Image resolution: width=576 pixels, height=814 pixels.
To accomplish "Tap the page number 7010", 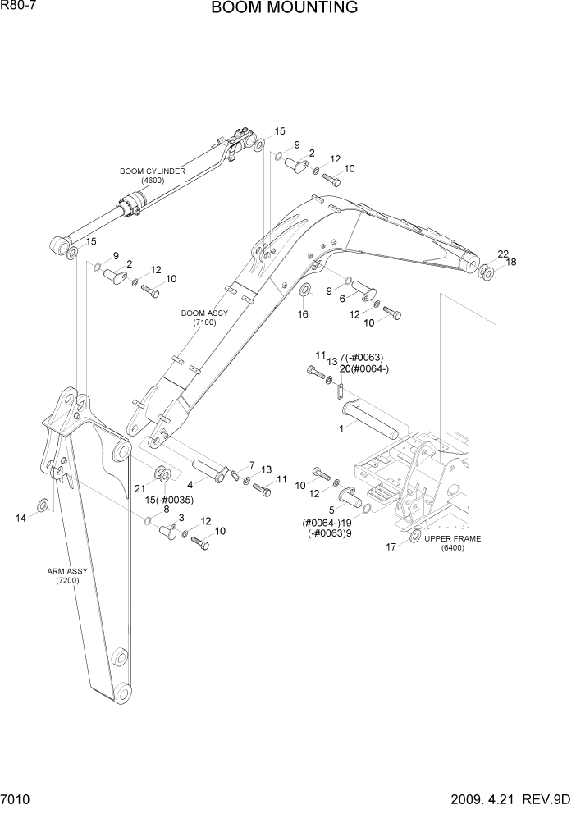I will (x=17, y=798).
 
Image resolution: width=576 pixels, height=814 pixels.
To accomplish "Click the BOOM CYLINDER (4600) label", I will (x=152, y=176).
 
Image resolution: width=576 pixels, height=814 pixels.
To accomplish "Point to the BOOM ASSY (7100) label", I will (x=203, y=318).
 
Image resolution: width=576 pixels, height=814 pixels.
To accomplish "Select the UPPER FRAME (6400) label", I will (x=452, y=543).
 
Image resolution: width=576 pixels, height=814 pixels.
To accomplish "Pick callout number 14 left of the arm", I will (x=21, y=517).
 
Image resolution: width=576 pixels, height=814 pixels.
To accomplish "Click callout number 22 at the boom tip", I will (x=503, y=254).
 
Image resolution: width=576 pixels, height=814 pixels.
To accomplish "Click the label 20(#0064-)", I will (x=364, y=369).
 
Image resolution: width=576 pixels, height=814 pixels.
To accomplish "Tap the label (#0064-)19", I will (x=327, y=522).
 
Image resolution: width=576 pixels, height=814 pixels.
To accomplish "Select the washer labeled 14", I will (x=43, y=503).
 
